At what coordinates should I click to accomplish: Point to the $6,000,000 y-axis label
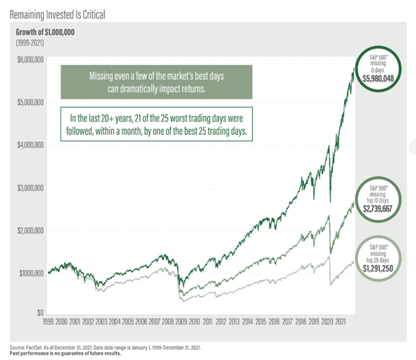point(29,60)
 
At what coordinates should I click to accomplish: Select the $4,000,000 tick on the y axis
point(29,145)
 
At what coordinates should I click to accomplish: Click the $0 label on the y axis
point(40,313)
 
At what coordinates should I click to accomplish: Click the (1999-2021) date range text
point(28,41)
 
